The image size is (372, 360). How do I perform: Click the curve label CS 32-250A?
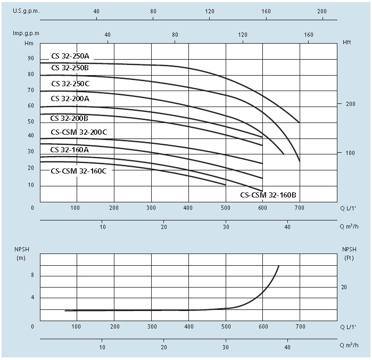click(x=70, y=56)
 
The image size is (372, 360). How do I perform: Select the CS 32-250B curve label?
click(x=70, y=68)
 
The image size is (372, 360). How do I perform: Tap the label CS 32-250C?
click(x=70, y=84)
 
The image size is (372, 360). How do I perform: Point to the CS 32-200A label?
click(x=70, y=99)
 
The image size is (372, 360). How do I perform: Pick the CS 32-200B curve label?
click(x=69, y=118)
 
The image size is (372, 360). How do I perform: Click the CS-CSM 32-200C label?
click(x=79, y=132)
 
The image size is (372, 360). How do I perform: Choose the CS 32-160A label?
click(x=70, y=150)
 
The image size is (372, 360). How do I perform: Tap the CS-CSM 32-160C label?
click(x=79, y=171)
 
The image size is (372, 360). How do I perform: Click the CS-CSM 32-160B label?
click(x=268, y=195)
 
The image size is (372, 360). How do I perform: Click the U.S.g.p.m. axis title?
click(x=26, y=11)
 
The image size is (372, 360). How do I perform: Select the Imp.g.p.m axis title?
click(x=26, y=33)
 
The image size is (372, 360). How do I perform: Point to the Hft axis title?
click(x=347, y=42)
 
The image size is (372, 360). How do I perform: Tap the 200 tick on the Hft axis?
click(x=351, y=104)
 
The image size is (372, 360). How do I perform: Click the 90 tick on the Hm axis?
click(x=31, y=58)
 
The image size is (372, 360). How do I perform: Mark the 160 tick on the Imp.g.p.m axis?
click(x=309, y=35)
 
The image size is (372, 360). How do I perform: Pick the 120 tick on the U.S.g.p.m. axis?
click(x=210, y=11)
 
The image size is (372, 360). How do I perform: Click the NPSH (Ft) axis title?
click(x=349, y=253)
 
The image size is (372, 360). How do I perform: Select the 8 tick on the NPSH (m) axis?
click(x=32, y=275)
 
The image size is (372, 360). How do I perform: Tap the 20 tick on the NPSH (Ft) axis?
click(x=344, y=288)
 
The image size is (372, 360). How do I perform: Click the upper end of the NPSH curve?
click(x=278, y=266)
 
